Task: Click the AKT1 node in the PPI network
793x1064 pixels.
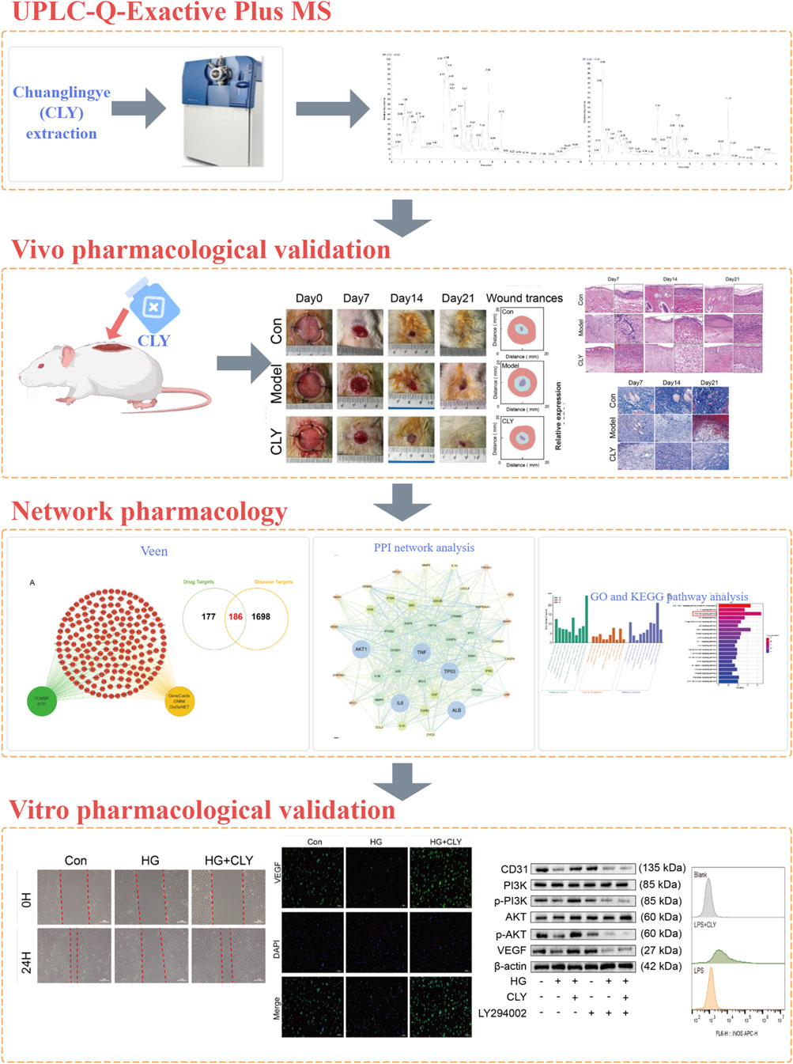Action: (361, 649)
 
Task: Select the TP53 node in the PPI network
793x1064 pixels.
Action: (449, 672)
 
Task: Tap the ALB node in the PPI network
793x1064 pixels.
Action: (456, 710)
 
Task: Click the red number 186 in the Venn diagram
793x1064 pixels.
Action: (236, 616)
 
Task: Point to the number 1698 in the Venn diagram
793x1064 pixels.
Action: (261, 616)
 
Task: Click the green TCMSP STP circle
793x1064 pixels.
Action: (41, 701)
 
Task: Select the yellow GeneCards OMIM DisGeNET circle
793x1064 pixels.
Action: (179, 701)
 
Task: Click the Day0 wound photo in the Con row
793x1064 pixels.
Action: (309, 331)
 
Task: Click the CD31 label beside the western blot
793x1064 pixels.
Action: (514, 869)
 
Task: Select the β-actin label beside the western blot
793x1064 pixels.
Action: (510, 966)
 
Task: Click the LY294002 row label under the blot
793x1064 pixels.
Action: (502, 1013)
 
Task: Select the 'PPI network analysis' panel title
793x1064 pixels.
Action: (424, 547)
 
